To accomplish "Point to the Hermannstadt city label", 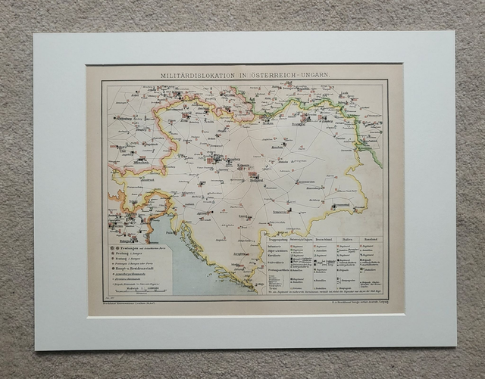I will point(340,205).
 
